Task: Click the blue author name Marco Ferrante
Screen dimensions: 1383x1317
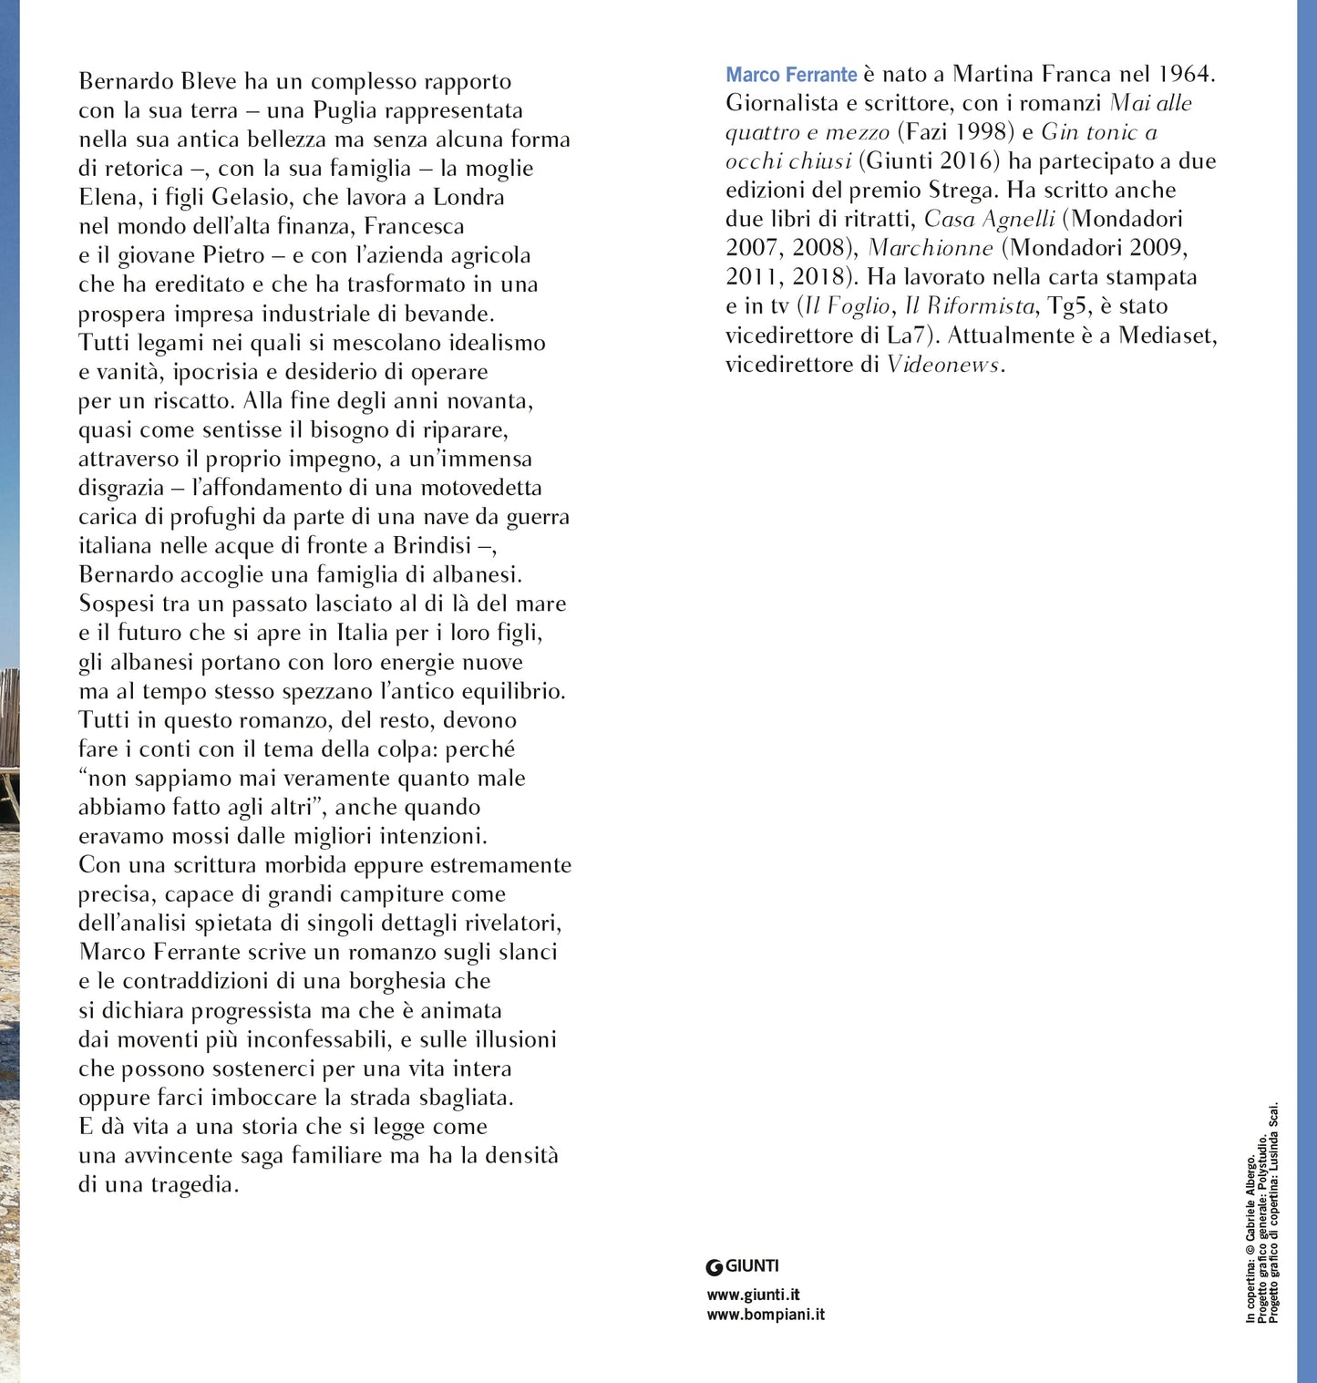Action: pyautogui.click(x=791, y=75)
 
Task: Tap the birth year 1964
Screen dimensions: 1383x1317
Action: pyautogui.click(x=1187, y=74)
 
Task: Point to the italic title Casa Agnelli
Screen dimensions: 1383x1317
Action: pyautogui.click(x=989, y=220)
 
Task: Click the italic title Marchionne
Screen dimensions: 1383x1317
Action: pyautogui.click(x=931, y=249)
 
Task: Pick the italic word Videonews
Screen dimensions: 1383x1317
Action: pyautogui.click(x=943, y=365)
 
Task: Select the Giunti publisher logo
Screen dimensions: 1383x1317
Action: pyautogui.click(x=743, y=1266)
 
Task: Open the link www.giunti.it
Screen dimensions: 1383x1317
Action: pyautogui.click(x=753, y=1295)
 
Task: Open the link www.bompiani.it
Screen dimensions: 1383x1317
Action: pyautogui.click(x=766, y=1315)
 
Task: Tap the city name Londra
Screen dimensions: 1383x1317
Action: pyautogui.click(x=468, y=197)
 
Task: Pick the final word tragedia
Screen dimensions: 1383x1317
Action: pyautogui.click(x=196, y=1184)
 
